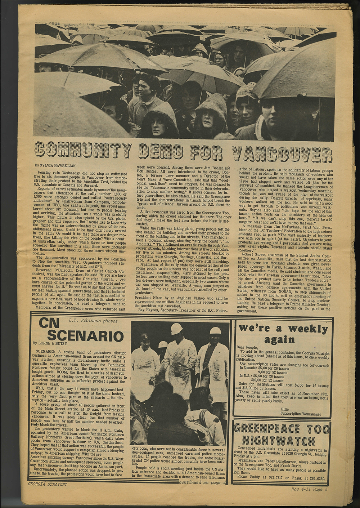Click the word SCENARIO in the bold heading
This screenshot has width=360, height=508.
pos(85,337)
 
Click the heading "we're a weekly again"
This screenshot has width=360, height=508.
pos(283,334)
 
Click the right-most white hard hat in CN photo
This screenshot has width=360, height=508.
pos(215,330)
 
